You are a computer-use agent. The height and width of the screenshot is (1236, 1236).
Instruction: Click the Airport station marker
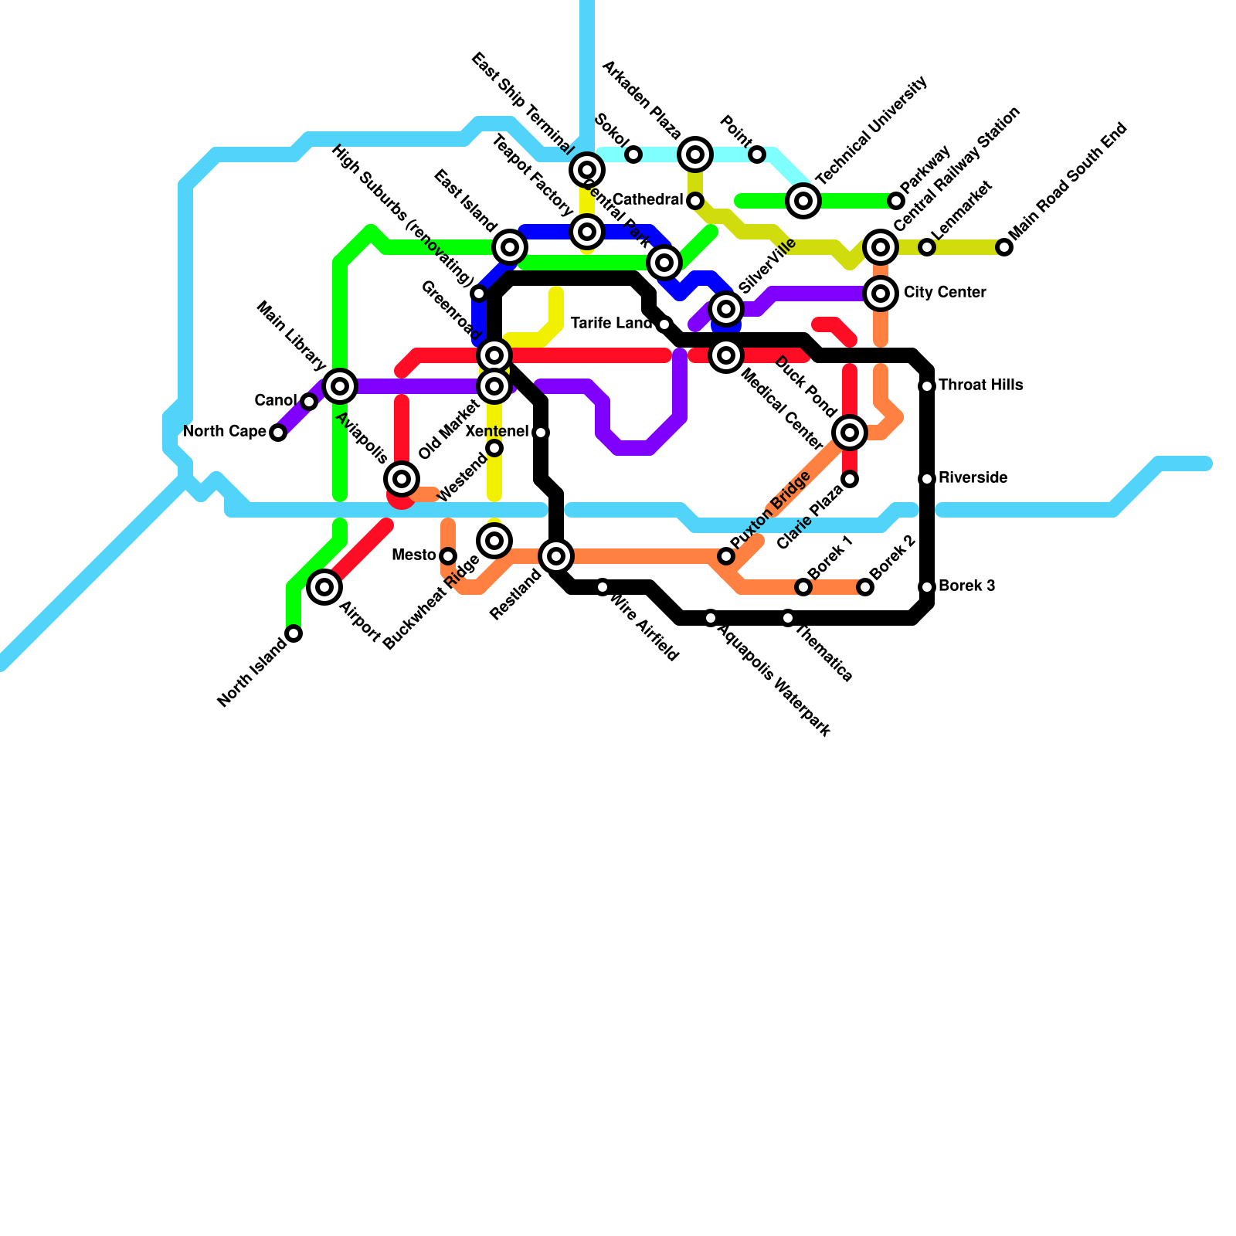324,587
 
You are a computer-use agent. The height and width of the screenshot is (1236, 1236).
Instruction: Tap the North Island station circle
294,633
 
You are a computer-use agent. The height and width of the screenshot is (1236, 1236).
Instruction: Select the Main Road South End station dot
1004,247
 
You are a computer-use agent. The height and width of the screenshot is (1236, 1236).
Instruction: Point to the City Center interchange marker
881,294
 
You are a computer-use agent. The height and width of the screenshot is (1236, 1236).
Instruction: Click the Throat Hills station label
980,385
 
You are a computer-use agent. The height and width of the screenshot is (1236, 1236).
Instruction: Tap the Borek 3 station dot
927,587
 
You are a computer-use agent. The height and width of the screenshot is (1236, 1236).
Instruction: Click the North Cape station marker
278,433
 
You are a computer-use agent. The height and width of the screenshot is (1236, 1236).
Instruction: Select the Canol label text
275,400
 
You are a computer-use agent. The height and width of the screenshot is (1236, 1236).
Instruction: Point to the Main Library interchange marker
340,385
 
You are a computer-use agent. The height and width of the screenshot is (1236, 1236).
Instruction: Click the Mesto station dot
448,556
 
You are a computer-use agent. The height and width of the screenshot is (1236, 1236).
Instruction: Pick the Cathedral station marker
695,201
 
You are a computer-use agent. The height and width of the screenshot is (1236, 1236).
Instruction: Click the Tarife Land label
612,323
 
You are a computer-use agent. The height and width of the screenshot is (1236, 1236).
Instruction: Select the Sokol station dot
633,154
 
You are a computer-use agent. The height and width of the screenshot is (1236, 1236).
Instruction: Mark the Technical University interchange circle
803,201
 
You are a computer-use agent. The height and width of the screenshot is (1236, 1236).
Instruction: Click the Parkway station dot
896,201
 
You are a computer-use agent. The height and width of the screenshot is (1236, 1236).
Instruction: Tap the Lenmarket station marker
927,247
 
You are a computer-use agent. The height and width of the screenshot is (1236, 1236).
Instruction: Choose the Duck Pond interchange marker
850,433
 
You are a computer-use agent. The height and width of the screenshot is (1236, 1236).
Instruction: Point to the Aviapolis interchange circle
402,479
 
